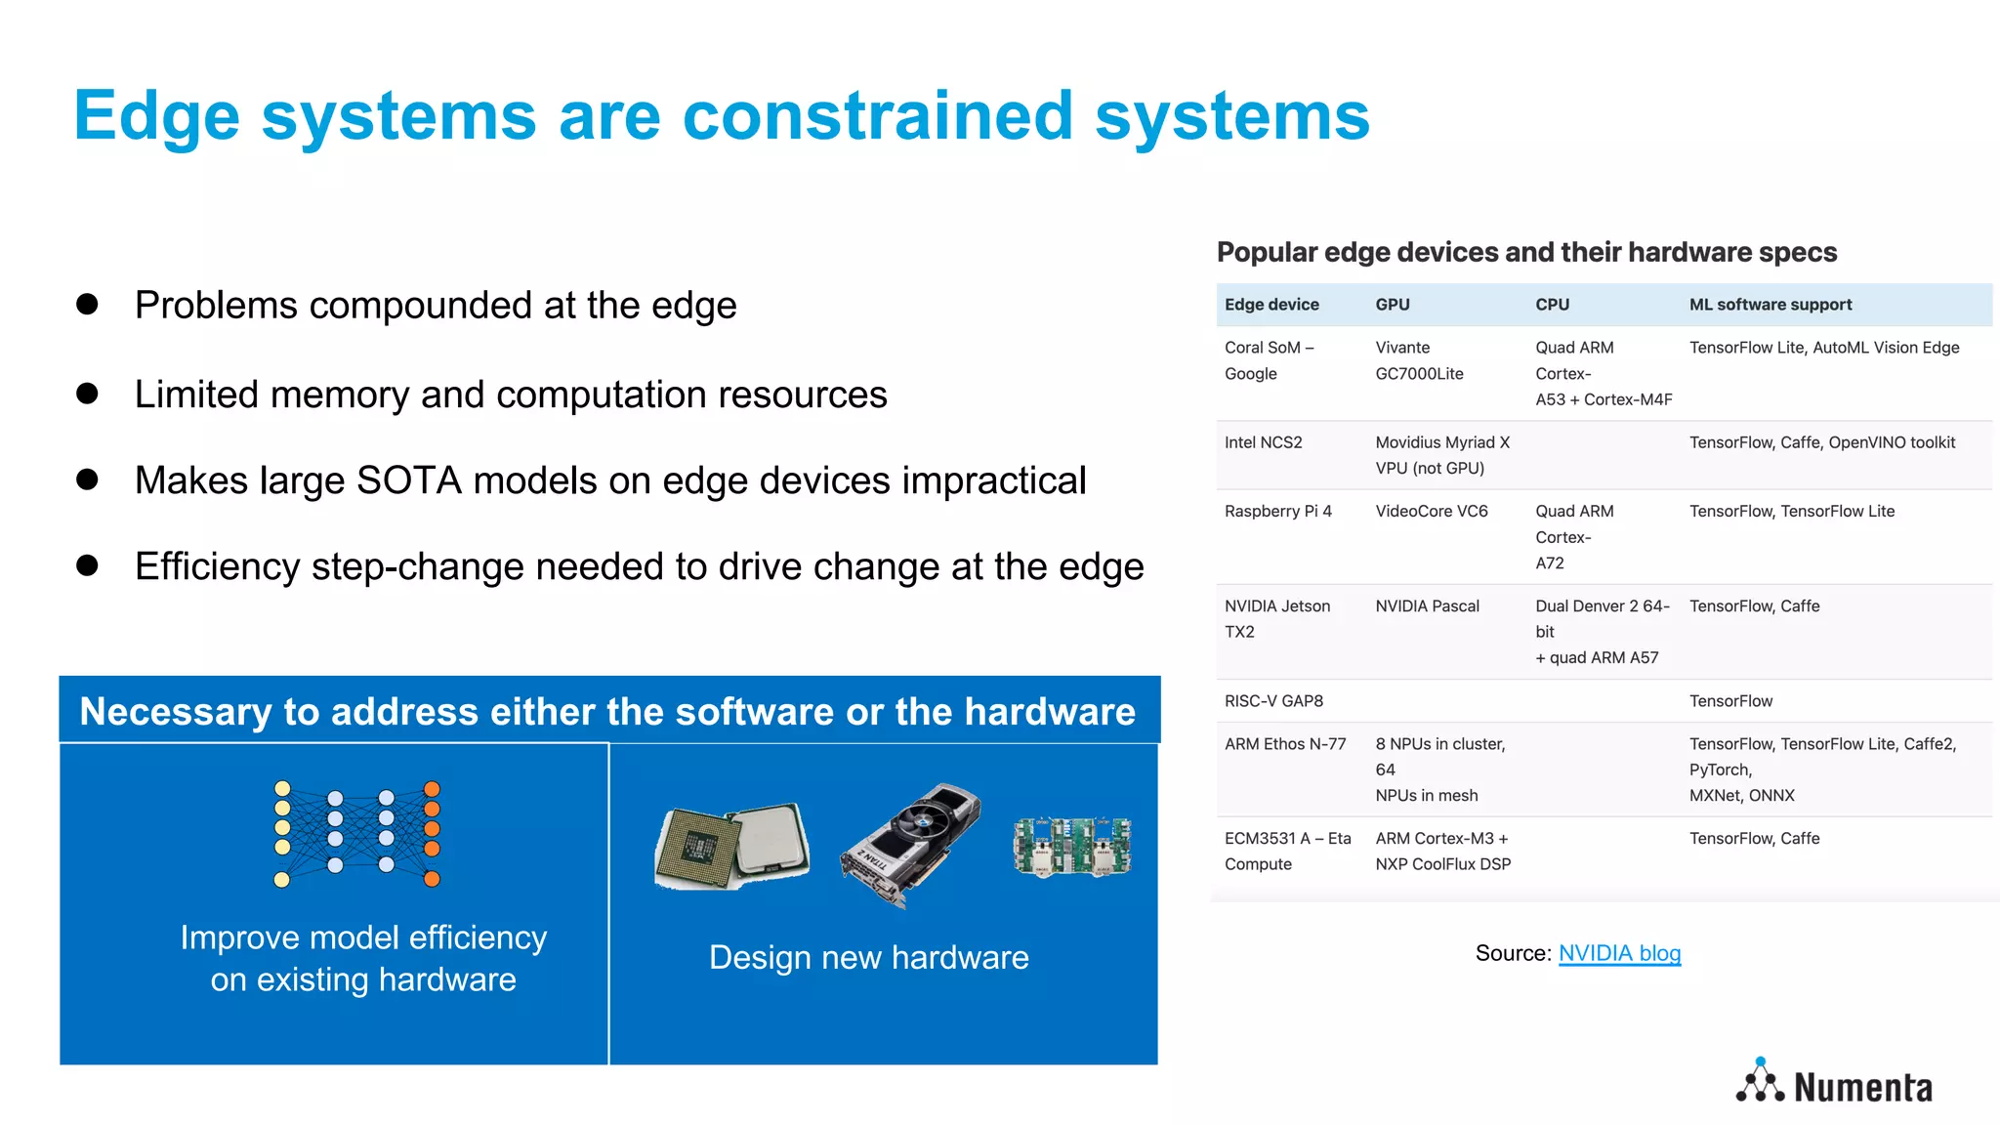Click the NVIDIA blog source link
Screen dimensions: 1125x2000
1619,953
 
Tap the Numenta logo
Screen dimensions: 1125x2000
1834,1085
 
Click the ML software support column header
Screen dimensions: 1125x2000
1770,305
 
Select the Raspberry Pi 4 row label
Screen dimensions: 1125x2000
1277,512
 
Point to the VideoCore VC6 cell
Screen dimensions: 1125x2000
1431,512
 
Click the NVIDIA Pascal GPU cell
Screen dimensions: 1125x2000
1427,606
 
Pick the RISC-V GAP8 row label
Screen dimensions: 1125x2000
1273,701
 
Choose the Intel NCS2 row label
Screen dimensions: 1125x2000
1263,442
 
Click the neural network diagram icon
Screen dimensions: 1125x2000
357,833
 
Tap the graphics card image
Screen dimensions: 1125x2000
910,845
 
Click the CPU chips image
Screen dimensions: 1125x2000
732,846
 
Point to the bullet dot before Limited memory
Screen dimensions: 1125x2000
87,394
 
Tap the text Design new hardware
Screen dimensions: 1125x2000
868,957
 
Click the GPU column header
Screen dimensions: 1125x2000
1392,305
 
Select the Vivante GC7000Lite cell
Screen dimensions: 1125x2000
1418,360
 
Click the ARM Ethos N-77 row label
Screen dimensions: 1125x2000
1284,744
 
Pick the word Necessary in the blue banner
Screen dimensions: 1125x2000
176,712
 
